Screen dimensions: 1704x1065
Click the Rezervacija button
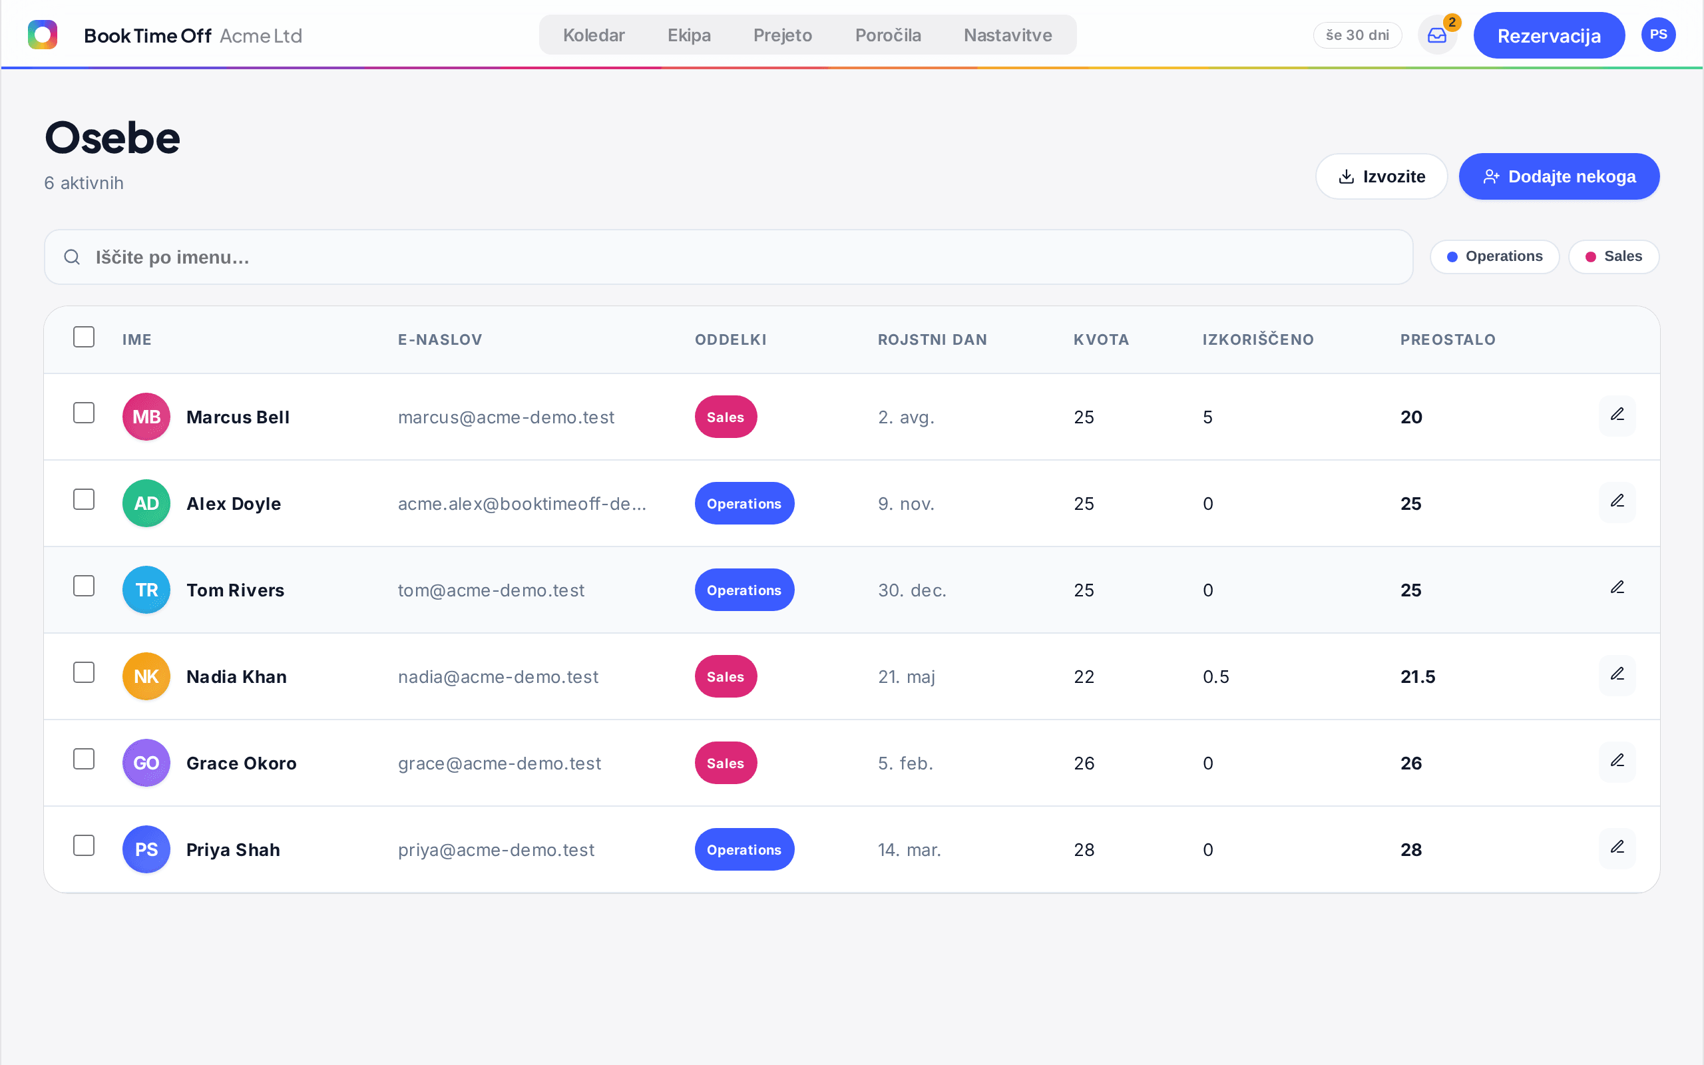pos(1548,35)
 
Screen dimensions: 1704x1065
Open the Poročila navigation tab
pos(887,35)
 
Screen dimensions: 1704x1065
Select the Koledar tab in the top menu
pos(594,35)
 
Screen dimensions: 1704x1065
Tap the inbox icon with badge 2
pos(1436,35)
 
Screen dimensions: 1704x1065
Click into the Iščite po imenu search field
pos(728,257)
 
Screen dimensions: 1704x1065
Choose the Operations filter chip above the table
pos(1494,256)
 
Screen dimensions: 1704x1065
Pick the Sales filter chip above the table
pos(1613,256)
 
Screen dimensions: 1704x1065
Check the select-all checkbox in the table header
pos(84,337)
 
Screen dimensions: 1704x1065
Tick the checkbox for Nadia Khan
pos(84,673)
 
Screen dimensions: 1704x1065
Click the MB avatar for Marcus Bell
pos(146,417)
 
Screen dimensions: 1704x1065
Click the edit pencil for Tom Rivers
pos(1617,588)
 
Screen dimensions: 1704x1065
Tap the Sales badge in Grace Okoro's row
pos(726,763)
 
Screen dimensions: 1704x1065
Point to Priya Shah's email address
pos(496,849)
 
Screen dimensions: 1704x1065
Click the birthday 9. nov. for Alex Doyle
pos(905,504)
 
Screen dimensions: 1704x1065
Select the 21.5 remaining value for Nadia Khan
pos(1417,677)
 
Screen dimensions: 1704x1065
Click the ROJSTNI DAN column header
pos(933,339)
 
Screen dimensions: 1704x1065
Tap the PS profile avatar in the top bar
pos(1658,35)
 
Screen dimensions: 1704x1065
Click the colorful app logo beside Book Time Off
pos(42,35)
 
